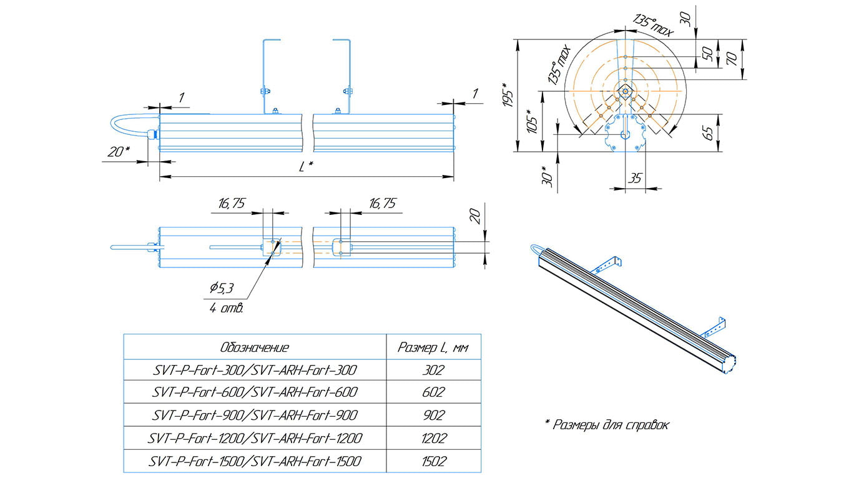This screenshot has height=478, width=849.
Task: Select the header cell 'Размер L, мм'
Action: [x=434, y=347]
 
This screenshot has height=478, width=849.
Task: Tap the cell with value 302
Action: [x=433, y=370]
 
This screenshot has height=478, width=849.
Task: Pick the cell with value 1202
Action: [x=433, y=438]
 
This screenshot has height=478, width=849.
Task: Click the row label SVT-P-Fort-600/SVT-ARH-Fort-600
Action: [x=255, y=392]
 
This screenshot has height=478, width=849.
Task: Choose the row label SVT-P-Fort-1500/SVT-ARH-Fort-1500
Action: [x=255, y=462]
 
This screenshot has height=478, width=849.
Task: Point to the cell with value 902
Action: [x=433, y=416]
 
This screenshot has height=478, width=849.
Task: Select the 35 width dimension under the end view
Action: [x=635, y=178]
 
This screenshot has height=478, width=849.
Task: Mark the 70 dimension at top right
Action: [x=732, y=59]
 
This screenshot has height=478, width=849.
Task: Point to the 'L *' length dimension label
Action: [x=305, y=167]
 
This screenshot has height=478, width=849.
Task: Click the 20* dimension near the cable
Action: [x=118, y=152]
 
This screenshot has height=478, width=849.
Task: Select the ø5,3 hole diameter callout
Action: [x=222, y=288]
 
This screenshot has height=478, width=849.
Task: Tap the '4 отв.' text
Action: [x=227, y=308]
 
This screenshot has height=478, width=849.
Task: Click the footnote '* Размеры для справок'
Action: [x=607, y=425]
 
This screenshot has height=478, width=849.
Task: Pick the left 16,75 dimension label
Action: [x=231, y=203]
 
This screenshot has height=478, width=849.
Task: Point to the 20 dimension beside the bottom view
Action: [x=475, y=216]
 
